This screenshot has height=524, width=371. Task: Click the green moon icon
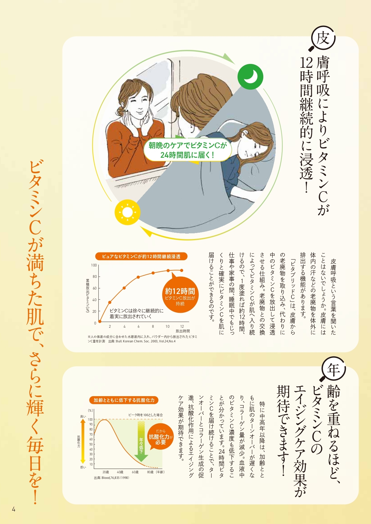coord(250,77)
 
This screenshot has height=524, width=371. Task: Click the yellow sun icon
coord(127,212)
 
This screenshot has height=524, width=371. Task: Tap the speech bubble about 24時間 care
coord(188,150)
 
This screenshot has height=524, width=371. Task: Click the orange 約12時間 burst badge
coord(180,296)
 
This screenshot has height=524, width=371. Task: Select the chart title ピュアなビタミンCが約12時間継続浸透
coord(141,256)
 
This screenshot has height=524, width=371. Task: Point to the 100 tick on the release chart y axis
coord(94,265)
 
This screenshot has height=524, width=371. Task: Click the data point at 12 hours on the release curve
coord(182,270)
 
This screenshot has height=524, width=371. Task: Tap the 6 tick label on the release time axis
coord(139,326)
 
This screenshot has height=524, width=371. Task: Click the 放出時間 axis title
coord(183,331)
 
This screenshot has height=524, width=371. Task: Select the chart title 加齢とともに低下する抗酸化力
coord(124,400)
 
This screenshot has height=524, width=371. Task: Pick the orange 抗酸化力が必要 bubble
coord(161,437)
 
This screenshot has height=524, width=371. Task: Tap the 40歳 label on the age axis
coord(120,472)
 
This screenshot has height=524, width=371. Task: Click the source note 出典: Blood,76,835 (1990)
coord(112,478)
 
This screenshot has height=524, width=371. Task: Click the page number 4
coord(13,509)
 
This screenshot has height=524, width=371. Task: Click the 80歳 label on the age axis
coord(150,472)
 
